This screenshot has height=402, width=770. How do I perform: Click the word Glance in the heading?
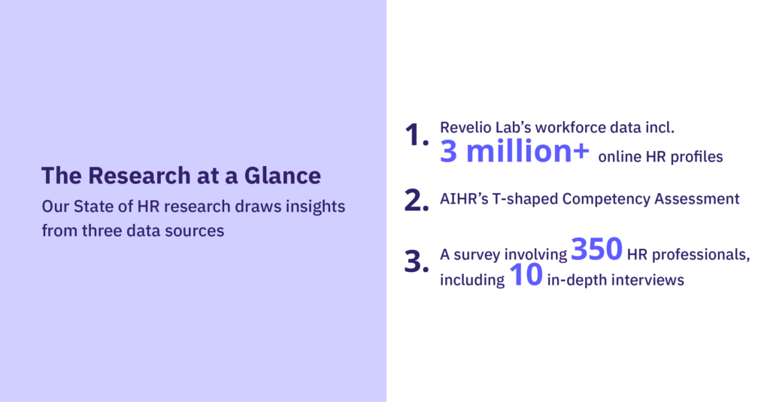[283, 176]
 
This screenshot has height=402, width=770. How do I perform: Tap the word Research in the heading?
[139, 176]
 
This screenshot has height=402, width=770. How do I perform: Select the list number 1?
[417, 135]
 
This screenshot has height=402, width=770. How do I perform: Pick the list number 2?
[417, 201]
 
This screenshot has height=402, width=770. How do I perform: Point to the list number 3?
[417, 261]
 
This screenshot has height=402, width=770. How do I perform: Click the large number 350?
[596, 249]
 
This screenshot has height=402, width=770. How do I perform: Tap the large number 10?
[526, 274]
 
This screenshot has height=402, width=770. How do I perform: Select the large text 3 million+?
[514, 150]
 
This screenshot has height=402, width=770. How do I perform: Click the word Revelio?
[459, 128]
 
